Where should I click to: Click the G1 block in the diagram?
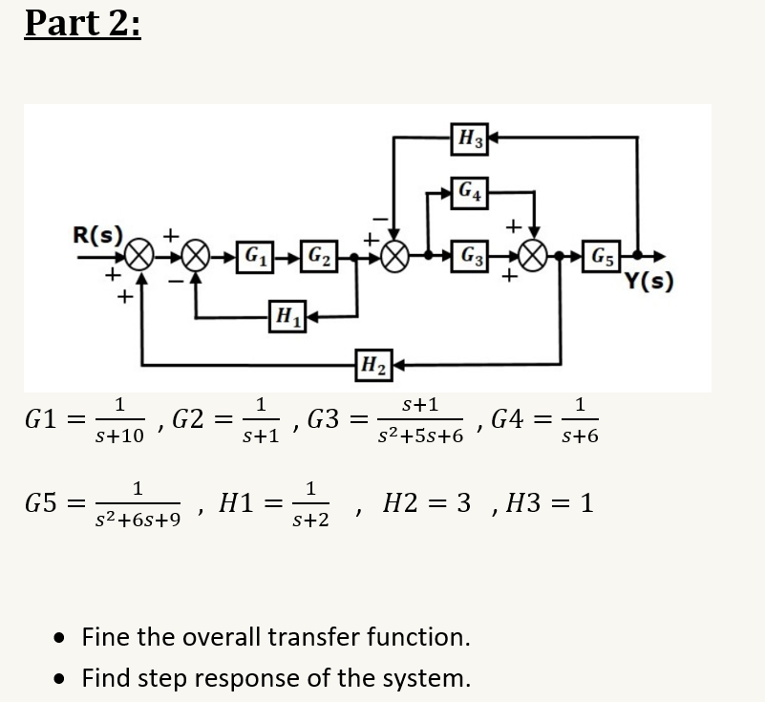coord(254,257)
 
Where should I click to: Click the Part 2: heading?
coord(83,22)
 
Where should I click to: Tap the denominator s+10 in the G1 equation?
coord(120,436)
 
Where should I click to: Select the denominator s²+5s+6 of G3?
coord(420,436)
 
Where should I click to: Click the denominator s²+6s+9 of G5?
coord(138,521)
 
